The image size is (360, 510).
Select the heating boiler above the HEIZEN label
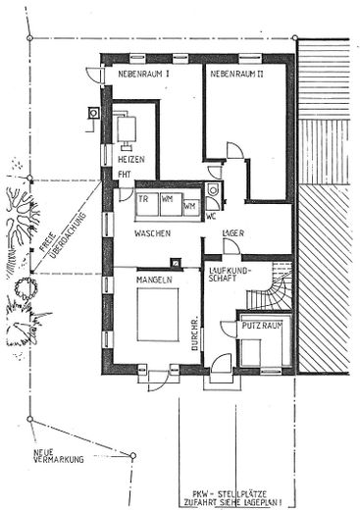tap(128, 128)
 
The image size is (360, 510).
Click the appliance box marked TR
tap(143, 199)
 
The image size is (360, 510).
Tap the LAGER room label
tap(234, 232)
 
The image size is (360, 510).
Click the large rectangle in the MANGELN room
tap(158, 315)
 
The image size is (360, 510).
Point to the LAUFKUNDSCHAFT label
tap(231, 277)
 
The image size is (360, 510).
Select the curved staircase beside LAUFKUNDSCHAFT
tap(274, 291)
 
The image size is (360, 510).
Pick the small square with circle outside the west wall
tap(94, 113)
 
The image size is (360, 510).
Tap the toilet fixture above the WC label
tap(214, 188)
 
